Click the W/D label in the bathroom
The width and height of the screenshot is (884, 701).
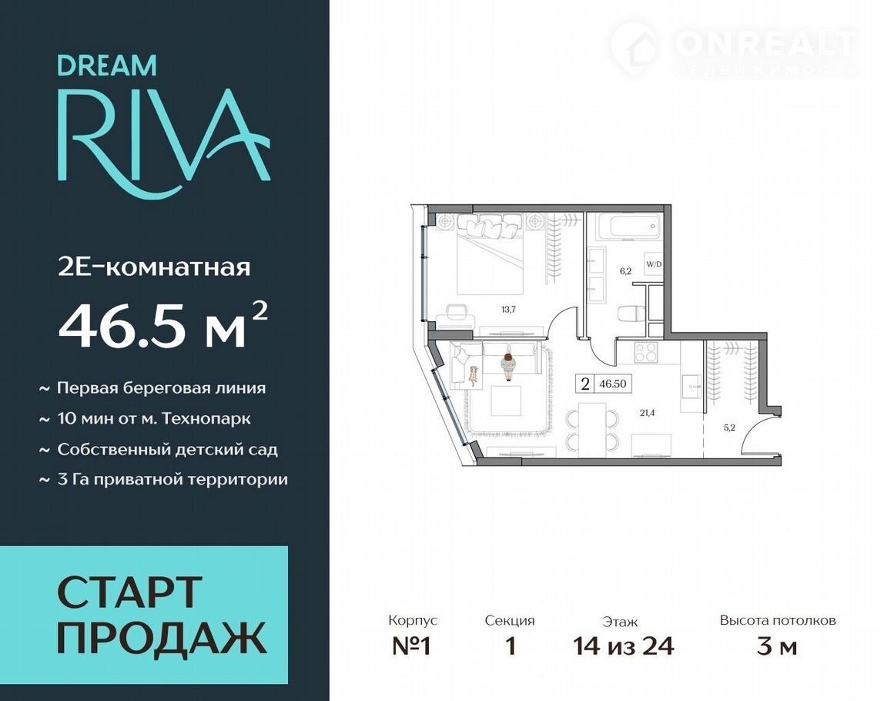tap(654, 263)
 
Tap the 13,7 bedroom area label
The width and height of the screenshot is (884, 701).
tap(508, 309)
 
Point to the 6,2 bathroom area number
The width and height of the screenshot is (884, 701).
tap(625, 270)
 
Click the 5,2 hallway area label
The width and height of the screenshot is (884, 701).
tap(729, 428)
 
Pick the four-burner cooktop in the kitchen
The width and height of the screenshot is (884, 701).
tap(646, 353)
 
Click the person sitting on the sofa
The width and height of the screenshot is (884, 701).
tap(508, 367)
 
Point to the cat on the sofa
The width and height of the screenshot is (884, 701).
tap(473, 375)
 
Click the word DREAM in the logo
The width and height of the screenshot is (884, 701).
tap(107, 65)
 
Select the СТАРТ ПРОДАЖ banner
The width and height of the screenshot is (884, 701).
tap(144, 615)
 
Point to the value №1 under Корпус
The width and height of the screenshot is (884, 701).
tap(411, 646)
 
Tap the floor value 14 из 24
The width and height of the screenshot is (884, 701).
tap(624, 646)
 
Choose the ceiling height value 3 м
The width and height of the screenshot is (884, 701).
tap(777, 646)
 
